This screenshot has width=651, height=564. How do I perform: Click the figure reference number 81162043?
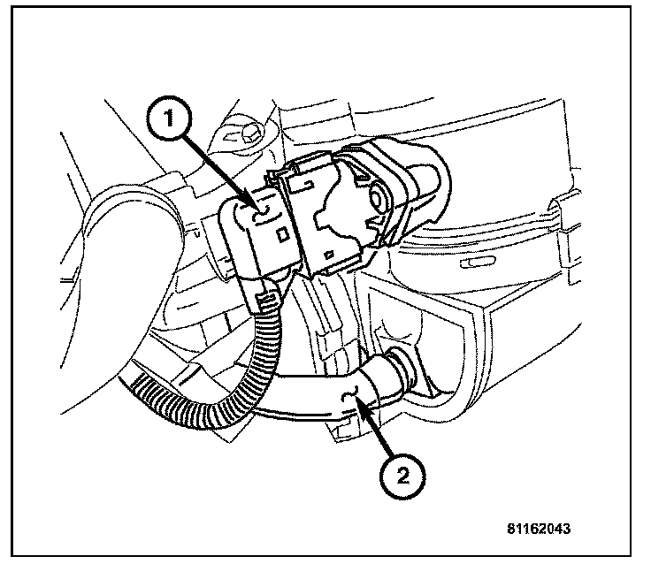tap(538, 530)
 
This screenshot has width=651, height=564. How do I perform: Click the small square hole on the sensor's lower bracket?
tap(329, 262)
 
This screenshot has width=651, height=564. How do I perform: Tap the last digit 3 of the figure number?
tap(565, 530)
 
